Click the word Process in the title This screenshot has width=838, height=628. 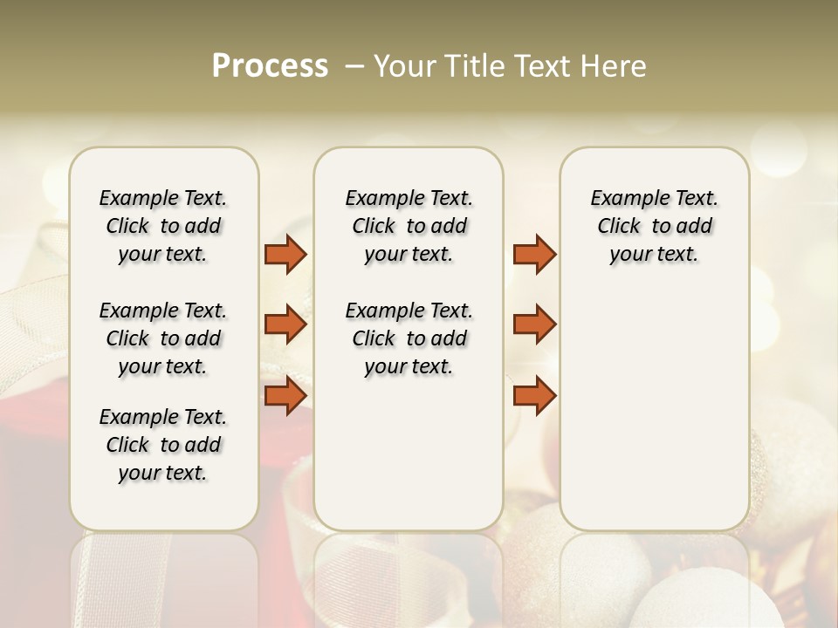point(270,66)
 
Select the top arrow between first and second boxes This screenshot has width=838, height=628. point(285,255)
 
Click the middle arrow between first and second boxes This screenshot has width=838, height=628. point(285,324)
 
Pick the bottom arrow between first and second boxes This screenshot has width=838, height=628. point(285,395)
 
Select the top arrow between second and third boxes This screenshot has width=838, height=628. point(534,255)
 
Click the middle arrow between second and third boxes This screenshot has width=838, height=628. point(534,324)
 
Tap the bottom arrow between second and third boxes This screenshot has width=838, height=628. point(534,395)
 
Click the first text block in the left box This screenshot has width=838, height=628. point(163,226)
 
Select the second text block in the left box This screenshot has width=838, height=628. point(163,338)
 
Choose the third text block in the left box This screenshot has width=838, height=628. point(163,445)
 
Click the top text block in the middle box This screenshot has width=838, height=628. point(409,226)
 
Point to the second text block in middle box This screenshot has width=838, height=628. point(409,338)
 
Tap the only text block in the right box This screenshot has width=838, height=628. point(654,226)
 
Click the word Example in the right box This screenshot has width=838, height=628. point(627,198)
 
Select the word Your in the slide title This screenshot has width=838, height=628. point(402,66)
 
